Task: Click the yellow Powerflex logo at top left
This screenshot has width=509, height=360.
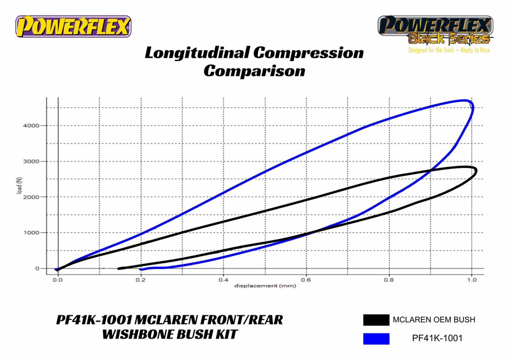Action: pos(73,27)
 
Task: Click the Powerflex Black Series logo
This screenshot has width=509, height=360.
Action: pos(435,29)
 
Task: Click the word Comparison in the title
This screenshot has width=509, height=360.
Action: pos(254,71)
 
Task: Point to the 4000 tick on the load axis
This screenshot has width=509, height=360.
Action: pos(32,125)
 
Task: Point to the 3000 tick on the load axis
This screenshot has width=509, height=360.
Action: pos(32,162)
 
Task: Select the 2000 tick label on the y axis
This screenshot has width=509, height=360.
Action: pos(32,197)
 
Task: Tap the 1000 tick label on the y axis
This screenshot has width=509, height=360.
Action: pos(32,233)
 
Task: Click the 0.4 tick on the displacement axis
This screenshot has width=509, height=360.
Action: pos(223,279)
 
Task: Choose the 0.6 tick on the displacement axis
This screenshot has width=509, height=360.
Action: pos(306,279)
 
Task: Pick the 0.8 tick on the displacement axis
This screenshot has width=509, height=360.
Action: pos(389,279)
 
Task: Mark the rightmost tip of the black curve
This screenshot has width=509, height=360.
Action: pos(476,171)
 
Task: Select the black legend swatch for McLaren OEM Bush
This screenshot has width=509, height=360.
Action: pos(376,320)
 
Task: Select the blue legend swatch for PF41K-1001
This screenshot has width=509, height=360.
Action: pos(376,339)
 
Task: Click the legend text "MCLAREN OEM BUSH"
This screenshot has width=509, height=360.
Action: pos(434,320)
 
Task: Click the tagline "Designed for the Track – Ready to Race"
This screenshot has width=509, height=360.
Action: pos(449,50)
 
